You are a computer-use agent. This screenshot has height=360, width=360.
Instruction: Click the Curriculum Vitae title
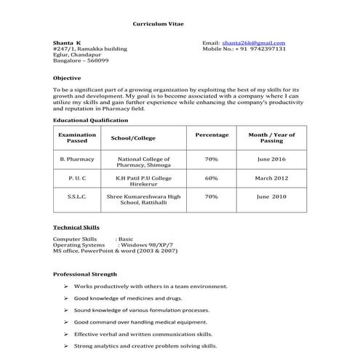click(x=158, y=24)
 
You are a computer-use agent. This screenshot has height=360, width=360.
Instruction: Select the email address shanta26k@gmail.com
click(x=254, y=43)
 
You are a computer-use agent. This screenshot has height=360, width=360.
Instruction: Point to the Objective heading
click(x=67, y=77)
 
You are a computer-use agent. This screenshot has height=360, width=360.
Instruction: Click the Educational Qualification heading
click(x=90, y=120)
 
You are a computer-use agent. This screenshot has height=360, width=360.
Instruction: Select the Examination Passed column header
click(x=77, y=137)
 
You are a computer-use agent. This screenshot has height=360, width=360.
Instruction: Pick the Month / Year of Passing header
click(x=271, y=137)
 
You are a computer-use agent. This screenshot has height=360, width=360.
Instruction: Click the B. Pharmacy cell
click(x=77, y=159)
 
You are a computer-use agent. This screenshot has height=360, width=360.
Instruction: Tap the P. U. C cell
click(x=77, y=177)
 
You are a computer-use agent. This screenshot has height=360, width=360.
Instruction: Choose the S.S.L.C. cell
click(x=77, y=196)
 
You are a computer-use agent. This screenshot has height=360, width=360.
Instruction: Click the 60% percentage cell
click(x=212, y=177)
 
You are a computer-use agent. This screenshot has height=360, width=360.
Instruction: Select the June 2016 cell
click(x=271, y=159)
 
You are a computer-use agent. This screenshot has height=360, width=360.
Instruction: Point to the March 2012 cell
click(x=271, y=177)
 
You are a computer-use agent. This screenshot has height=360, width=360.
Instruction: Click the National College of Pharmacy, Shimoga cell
click(x=143, y=161)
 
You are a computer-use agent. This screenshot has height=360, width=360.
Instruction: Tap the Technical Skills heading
click(x=76, y=228)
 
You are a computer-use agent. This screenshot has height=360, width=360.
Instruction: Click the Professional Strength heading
click(x=85, y=274)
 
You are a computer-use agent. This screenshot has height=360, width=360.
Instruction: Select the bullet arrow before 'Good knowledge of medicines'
click(x=65, y=298)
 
